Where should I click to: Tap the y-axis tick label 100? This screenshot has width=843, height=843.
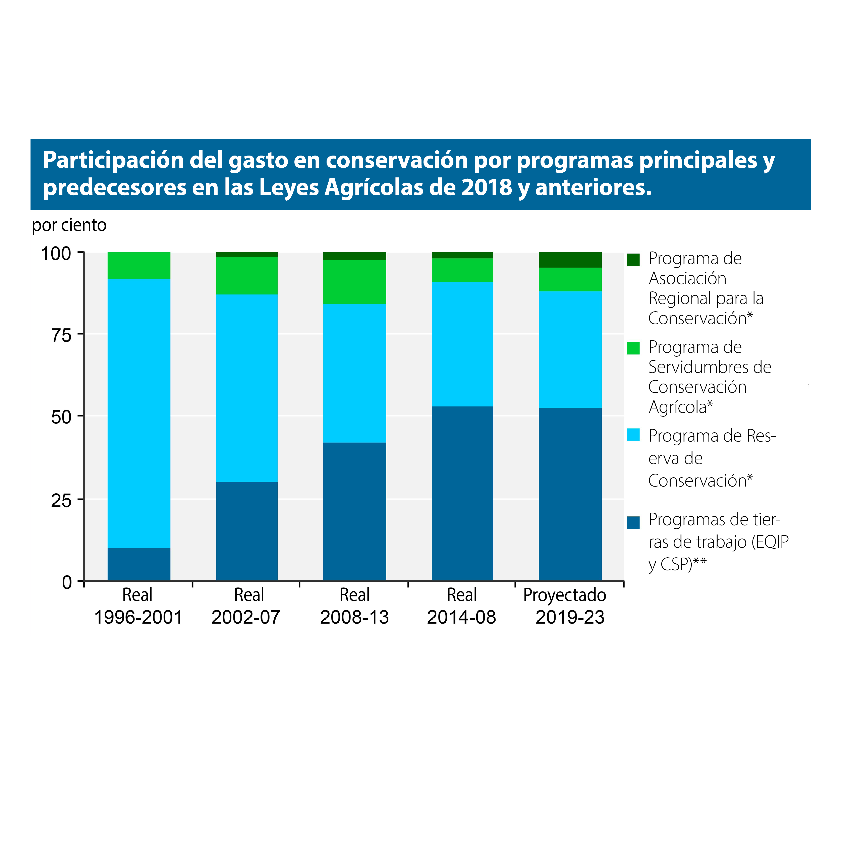click(x=56, y=254)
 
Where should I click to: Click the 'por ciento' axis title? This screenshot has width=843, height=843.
click(x=69, y=225)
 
